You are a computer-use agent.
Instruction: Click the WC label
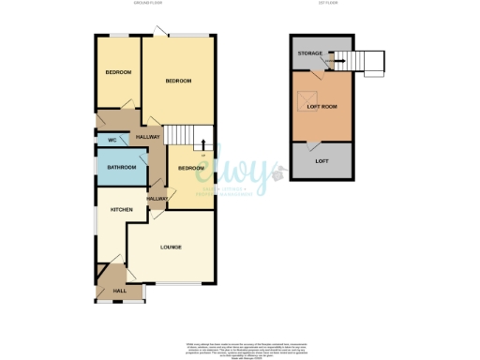pyautogui.click(x=111, y=140)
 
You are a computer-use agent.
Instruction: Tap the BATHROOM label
pyautogui.click(x=120, y=167)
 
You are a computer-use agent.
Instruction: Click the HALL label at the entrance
pyautogui.click(x=120, y=291)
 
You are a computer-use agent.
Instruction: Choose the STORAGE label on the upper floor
pyautogui.click(x=310, y=54)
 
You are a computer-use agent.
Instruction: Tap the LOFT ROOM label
pyautogui.click(x=322, y=107)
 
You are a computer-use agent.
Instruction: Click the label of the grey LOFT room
pyautogui.click(x=322, y=162)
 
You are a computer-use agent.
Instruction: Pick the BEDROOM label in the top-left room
pyautogui.click(x=117, y=73)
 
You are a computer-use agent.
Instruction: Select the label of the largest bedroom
pyautogui.click(x=178, y=82)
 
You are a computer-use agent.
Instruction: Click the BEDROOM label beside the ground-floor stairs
pyautogui.click(x=190, y=168)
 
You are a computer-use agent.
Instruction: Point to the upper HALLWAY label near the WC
pyautogui.click(x=148, y=138)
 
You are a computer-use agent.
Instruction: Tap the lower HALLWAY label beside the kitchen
pyautogui.click(x=157, y=199)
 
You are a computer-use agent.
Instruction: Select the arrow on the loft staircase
pyautogui.click(x=338, y=63)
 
